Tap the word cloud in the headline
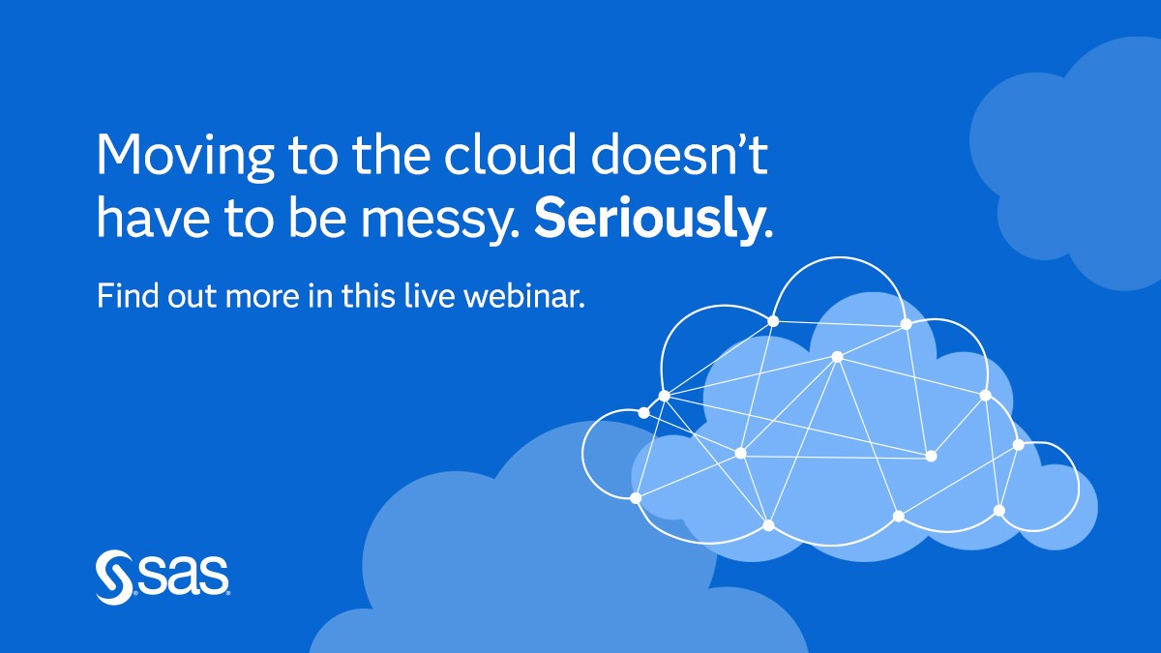click(510, 154)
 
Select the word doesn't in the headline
click(679, 154)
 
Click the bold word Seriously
click(654, 218)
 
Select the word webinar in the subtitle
click(524, 295)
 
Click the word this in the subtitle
click(368, 295)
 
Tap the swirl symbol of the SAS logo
click(113, 577)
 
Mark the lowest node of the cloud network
click(768, 525)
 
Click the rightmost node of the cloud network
click(1019, 445)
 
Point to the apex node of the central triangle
click(837, 357)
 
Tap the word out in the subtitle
click(192, 297)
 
